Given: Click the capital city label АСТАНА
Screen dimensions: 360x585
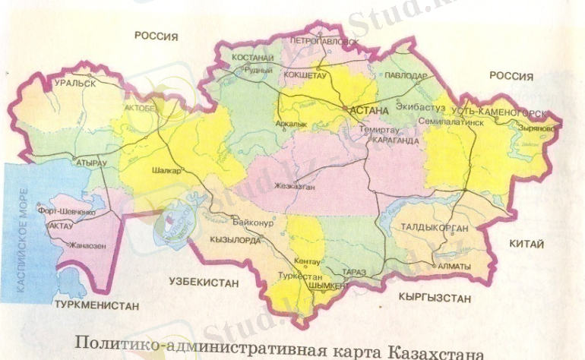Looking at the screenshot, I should coord(369,111).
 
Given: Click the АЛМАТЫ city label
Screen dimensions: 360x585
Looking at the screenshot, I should coord(454,267).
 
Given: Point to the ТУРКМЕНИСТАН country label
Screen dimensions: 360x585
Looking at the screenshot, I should coord(97,305).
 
